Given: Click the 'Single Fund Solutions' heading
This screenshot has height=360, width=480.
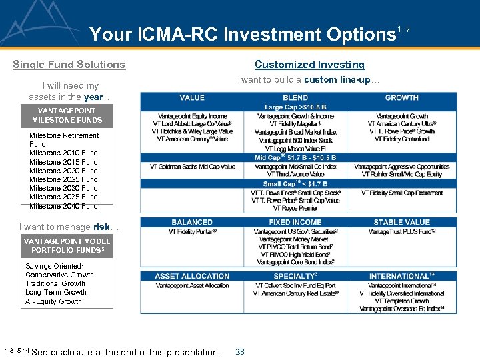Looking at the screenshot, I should tap(69, 65).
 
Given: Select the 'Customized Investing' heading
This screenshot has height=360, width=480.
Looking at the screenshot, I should tap(309, 65).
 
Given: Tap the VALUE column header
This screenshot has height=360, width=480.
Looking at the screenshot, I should tap(192, 97).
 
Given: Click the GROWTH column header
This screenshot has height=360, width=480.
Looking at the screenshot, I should tap(401, 97).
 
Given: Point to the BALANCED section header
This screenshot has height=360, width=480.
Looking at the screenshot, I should tap(192, 222).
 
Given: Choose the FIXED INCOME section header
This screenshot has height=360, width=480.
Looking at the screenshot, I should tap(295, 222).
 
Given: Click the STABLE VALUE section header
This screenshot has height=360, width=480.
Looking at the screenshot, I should tap(401, 222).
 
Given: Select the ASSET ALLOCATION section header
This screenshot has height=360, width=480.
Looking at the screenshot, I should tap(192, 276).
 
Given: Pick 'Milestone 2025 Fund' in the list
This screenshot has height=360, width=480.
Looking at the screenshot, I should tap(63, 179).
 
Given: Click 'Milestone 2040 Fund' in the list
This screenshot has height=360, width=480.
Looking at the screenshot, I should tap(63, 206).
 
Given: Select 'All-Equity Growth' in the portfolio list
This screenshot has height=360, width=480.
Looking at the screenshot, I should tap(53, 301).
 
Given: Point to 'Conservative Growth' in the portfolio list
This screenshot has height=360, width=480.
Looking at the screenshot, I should tap(59, 275).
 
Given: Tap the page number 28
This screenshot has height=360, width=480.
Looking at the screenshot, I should tap(240, 351).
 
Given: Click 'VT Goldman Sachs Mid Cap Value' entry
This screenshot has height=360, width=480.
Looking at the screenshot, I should tap(192, 167).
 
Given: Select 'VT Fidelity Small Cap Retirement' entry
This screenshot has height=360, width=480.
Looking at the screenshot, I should tap(401, 193).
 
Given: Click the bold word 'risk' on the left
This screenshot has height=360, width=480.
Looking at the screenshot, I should tap(101, 227).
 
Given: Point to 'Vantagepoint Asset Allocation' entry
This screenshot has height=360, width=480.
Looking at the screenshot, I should tap(192, 285).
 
